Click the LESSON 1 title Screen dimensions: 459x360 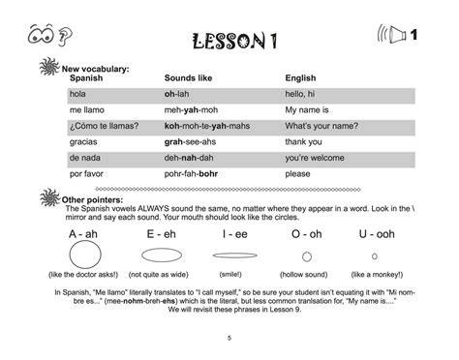point(229,41)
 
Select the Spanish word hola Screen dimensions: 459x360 point(77,95)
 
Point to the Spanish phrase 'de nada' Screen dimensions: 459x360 point(84,157)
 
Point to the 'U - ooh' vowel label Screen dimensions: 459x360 point(375,235)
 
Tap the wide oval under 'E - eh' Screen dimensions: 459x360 point(161,256)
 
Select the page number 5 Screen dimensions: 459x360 point(229,338)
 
